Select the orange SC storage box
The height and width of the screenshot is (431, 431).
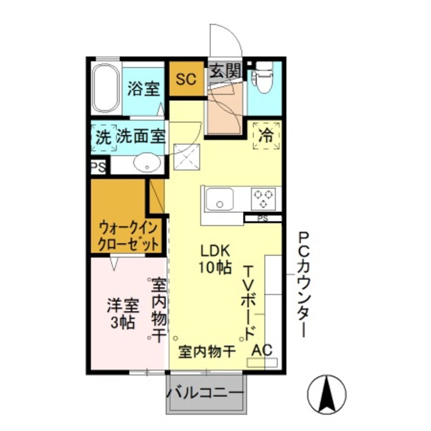[186, 79]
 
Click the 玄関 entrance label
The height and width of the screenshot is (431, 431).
[225, 71]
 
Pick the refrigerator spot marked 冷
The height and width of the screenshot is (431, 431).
[265, 136]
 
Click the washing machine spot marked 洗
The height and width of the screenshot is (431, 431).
[103, 137]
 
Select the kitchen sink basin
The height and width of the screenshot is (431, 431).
[219, 199]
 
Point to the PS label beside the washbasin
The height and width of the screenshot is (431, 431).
[98, 168]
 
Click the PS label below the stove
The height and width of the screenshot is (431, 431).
[262, 219]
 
